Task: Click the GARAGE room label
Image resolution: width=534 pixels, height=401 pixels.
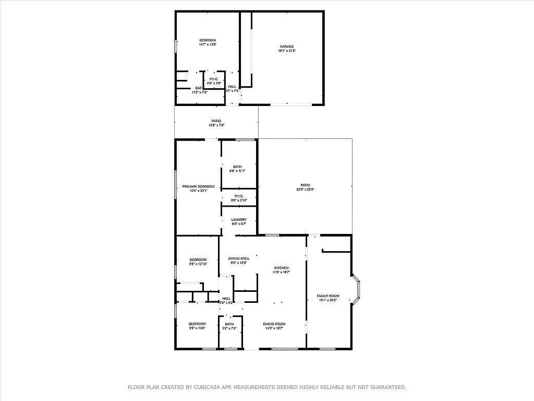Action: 286,46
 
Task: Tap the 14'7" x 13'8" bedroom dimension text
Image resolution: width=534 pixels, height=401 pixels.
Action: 207,45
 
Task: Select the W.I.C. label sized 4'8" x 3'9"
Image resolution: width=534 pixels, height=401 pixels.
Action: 214,79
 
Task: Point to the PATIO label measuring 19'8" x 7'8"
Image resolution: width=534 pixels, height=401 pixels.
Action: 216,121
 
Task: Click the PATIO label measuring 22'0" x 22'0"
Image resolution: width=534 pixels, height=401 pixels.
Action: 305,185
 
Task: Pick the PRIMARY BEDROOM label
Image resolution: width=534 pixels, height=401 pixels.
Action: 198,186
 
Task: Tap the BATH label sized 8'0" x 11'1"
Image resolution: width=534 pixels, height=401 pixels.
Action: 237,167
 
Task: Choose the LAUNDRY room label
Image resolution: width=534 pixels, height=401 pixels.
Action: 239,219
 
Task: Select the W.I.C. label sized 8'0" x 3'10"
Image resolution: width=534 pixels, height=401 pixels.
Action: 239,196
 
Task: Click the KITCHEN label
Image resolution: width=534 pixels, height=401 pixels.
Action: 281,267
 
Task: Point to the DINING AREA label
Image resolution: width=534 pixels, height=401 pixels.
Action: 239,258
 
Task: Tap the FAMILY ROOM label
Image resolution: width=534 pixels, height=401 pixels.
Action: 328,296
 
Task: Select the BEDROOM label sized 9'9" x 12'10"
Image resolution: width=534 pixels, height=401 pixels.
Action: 198,260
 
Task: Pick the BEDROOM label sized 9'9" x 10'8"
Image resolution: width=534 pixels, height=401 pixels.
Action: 197,324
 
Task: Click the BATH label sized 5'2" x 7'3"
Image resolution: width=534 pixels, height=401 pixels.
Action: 229,324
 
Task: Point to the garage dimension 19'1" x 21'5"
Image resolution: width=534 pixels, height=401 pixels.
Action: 286,51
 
